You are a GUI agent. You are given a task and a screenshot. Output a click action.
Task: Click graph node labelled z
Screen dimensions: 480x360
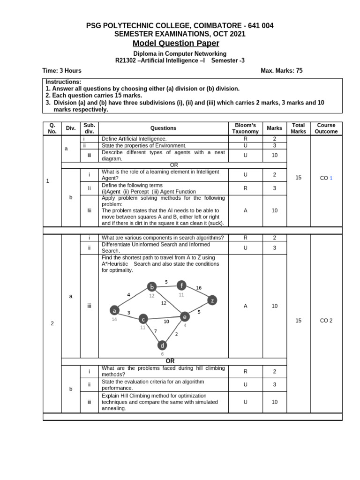pos(212,300)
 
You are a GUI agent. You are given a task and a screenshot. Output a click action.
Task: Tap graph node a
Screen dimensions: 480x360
pos(114,310)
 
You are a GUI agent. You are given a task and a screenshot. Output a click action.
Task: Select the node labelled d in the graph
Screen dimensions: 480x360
pos(162,345)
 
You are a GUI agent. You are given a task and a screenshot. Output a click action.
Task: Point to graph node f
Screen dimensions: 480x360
pos(182,285)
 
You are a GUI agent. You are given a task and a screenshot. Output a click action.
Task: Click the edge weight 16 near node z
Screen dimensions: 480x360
pos(199,288)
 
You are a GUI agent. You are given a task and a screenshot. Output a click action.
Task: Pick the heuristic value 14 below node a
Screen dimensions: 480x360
pos(114,319)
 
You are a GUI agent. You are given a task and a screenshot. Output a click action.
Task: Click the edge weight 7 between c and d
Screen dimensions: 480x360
pos(156,331)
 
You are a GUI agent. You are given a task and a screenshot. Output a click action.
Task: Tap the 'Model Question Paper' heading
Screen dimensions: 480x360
pos(176,44)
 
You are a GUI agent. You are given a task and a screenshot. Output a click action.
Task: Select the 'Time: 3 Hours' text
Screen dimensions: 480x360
pos(62,71)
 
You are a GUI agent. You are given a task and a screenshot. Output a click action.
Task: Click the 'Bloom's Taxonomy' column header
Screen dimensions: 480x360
pos(245,128)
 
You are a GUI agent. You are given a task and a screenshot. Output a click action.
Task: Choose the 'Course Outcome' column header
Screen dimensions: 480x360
pos(326,128)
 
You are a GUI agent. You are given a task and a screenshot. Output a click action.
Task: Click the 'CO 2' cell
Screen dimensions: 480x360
pos(326,321)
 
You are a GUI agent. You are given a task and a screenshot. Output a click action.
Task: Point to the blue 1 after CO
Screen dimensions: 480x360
pos(331,178)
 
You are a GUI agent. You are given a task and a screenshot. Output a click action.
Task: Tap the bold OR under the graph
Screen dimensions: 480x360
pos(170,361)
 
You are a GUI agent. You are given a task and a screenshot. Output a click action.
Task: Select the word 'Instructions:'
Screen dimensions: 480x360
pos(63,82)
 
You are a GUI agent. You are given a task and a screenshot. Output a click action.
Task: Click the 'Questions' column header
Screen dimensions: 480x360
pos(163,128)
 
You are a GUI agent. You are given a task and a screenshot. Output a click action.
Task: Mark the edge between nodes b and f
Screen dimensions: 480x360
pos(167,286)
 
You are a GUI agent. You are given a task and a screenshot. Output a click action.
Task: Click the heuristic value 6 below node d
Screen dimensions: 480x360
pos(162,354)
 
